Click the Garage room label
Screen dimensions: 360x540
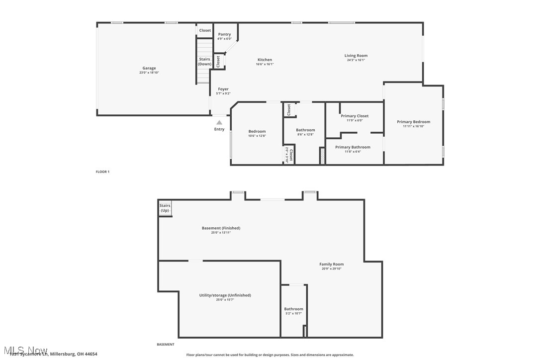tap(149, 68)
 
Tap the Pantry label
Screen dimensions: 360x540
tap(224, 34)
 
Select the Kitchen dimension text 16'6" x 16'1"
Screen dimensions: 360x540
tap(265, 64)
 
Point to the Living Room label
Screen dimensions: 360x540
tap(356, 56)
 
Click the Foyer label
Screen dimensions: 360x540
tap(223, 89)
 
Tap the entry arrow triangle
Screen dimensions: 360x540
tap(219, 122)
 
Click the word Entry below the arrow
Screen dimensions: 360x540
tap(219, 129)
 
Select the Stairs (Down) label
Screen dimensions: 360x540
tap(205, 62)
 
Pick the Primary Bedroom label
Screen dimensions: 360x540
tap(413, 122)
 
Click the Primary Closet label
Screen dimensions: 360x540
tap(355, 116)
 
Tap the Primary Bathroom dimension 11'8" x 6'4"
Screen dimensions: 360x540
tap(353, 152)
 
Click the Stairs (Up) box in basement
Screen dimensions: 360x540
tap(165, 208)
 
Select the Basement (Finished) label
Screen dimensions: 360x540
tap(221, 228)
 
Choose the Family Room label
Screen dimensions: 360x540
tap(331, 264)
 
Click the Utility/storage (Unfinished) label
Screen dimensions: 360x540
tap(225, 295)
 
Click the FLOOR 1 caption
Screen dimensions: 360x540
tap(102, 172)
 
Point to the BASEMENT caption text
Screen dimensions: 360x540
tap(166, 345)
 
